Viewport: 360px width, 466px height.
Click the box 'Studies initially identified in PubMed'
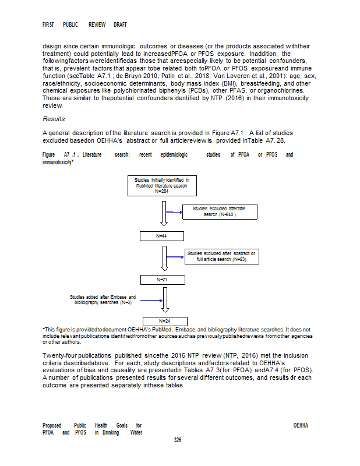click(162, 185)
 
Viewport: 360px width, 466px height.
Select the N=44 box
click(162, 236)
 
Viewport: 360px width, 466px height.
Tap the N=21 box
click(162, 280)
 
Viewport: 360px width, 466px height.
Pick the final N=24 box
click(164, 320)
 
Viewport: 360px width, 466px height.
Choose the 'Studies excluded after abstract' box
click(221, 256)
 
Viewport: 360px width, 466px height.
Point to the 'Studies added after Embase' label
click(103, 300)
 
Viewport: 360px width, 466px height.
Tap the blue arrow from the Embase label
click(151, 301)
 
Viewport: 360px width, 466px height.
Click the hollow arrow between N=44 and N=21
click(164, 257)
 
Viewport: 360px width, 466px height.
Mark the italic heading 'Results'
click(54, 119)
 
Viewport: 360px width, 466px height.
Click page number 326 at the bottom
click(178, 440)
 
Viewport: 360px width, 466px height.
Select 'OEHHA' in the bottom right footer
click(301, 425)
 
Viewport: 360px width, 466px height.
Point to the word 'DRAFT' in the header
click(120, 25)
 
